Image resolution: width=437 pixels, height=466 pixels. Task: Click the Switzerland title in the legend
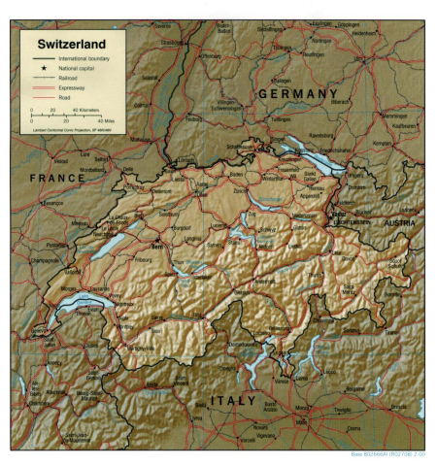71,45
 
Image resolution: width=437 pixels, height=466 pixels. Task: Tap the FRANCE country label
57,179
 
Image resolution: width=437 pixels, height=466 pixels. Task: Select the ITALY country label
232,400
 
